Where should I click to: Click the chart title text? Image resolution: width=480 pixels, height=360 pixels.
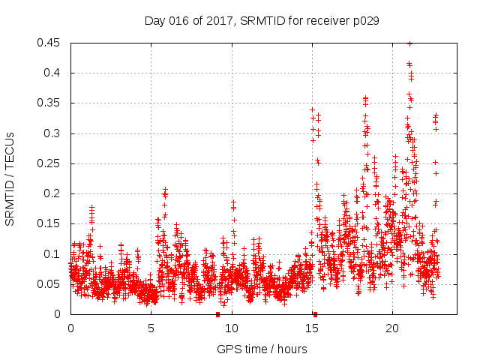tap(261, 21)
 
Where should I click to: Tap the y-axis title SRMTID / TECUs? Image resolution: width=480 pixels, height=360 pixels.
tap(10, 178)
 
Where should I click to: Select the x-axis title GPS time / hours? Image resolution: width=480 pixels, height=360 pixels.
tap(261, 349)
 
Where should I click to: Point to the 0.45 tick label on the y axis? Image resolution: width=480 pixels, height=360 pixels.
tap(49, 43)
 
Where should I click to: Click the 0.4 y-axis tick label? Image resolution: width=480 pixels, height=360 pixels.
tap(54, 73)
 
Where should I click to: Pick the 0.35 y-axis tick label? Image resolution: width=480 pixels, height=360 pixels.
tap(49, 103)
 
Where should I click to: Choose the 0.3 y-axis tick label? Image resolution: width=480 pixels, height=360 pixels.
tap(54, 133)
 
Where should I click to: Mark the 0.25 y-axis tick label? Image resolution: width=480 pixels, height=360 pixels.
tap(49, 163)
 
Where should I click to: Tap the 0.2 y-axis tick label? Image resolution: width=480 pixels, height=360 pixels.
tap(54, 193)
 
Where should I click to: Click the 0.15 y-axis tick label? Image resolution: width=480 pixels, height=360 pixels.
tap(49, 223)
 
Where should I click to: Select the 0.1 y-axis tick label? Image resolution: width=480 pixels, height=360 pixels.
tap(54, 253)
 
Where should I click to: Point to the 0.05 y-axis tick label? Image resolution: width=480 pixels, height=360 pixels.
tap(49, 284)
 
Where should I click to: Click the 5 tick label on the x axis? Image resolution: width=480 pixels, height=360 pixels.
tap(151, 328)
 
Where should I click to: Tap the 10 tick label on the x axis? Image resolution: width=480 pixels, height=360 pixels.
tap(231, 328)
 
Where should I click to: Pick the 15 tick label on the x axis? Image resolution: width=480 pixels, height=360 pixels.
tap(311, 328)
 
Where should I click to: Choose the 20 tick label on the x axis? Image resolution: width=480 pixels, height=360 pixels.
tap(391, 328)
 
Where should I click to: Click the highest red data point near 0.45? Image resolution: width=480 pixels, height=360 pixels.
tap(409, 43)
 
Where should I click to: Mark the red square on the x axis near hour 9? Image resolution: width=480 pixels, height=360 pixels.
tap(217, 314)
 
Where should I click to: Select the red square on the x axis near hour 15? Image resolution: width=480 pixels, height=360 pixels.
tap(315, 314)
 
